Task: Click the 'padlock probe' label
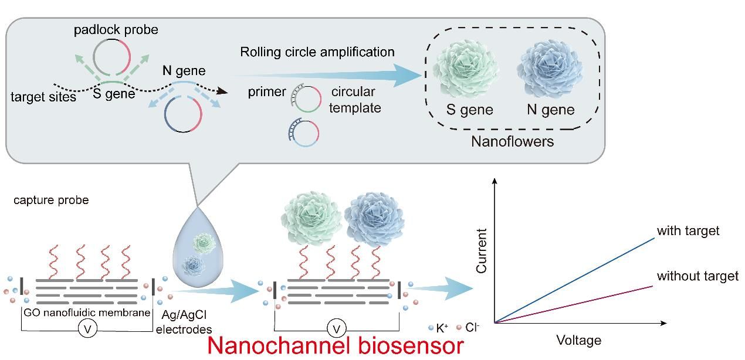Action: pos(116,29)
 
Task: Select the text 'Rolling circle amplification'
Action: pos(317,52)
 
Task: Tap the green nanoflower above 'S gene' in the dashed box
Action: pos(468,68)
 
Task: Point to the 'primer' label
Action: pos(267,92)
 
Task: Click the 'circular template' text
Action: pos(355,100)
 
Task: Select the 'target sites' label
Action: pos(43,97)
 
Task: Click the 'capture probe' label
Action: pos(51,200)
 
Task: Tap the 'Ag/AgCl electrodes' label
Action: pos(184,322)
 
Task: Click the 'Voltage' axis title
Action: pos(578,340)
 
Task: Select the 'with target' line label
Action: pos(688,230)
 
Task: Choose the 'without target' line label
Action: pos(697,276)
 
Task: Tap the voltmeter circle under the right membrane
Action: pos(337,328)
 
